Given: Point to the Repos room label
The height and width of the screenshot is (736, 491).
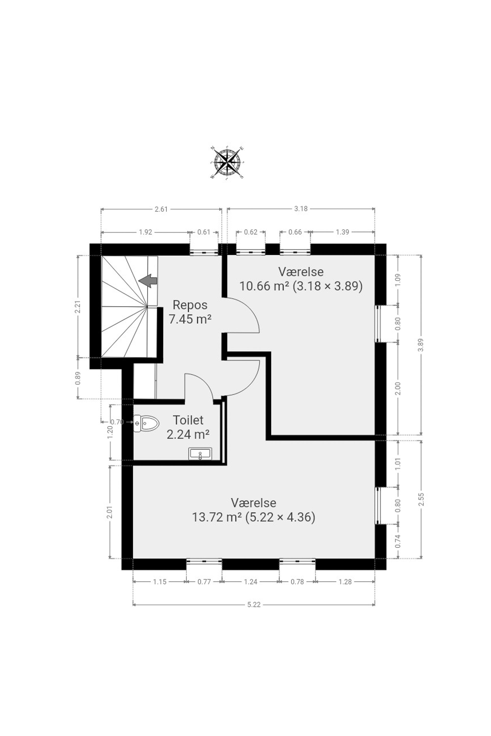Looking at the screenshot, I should (190, 305).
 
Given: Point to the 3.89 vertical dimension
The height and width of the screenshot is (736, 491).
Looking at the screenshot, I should (421, 345).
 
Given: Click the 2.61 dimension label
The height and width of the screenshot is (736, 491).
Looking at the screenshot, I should (161, 209).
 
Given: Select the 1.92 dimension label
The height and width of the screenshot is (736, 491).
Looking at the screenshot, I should (145, 232).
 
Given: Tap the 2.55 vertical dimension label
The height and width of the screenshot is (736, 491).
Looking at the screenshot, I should (421, 499).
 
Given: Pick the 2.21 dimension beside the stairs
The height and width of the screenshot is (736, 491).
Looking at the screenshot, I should (78, 307).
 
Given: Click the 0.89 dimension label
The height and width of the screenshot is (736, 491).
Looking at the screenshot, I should (78, 378).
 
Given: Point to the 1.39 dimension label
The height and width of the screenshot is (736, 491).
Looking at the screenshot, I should (342, 232).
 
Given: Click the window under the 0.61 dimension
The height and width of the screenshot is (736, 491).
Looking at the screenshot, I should (204, 251).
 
